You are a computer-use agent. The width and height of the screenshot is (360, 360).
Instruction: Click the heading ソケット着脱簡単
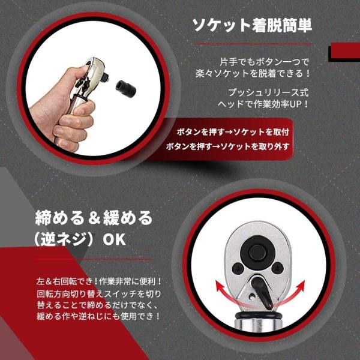252,25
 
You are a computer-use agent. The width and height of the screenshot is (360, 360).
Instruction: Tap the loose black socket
125,88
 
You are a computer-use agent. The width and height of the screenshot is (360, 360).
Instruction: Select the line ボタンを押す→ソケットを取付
233,132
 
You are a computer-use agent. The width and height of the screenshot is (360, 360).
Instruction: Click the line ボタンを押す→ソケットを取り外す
227,146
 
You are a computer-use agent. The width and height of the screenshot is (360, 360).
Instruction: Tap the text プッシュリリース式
268,92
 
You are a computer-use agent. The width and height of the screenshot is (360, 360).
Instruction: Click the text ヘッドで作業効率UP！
263,104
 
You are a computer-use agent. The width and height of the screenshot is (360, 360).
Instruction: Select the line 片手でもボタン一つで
264,62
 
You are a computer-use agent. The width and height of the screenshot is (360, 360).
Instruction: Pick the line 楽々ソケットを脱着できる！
253,73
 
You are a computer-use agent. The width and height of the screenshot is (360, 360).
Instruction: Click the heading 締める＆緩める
94,218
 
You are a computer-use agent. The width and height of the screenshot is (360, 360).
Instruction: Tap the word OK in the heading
114,239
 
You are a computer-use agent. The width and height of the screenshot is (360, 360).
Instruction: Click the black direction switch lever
262,292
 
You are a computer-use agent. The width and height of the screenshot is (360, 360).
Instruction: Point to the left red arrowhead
220,286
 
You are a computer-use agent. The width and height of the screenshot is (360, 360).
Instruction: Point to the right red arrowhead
301,284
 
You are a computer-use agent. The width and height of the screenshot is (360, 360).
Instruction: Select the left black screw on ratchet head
238,268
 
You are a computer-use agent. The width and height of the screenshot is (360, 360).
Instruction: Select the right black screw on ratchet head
277,268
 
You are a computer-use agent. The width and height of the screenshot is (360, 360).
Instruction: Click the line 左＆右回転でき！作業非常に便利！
99,281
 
